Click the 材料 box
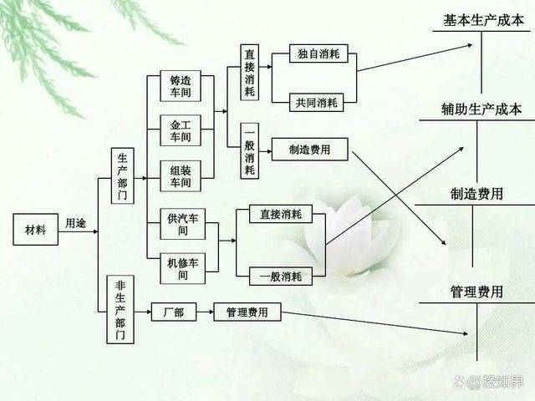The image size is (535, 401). coord(35,230)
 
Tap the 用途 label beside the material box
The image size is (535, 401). coord(75,223)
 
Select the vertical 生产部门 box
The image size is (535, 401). coord(123,176)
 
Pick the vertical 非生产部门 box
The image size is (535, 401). coord(120,310)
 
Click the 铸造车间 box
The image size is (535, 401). coord(181,86)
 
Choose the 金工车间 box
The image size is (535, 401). coord(181,130)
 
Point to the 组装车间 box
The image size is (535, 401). coord(181,176)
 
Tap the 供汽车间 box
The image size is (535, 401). coord(182,224)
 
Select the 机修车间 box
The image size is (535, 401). coord(182,269)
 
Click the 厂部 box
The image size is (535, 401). coord(174,312)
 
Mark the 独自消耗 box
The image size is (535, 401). coord(318,53)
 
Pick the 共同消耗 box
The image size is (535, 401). coord(316,102)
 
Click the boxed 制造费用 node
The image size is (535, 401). coord(309,150)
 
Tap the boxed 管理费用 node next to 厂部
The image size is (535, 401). coord(247,312)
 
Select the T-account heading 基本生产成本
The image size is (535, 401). coord(483,20)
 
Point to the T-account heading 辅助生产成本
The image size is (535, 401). coord(481,109)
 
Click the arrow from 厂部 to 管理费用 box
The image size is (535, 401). coord(205,312)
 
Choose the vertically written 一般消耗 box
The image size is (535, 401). coord(249,151)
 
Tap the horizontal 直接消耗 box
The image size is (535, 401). coord(281,214)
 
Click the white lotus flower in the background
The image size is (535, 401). coord(344,236)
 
